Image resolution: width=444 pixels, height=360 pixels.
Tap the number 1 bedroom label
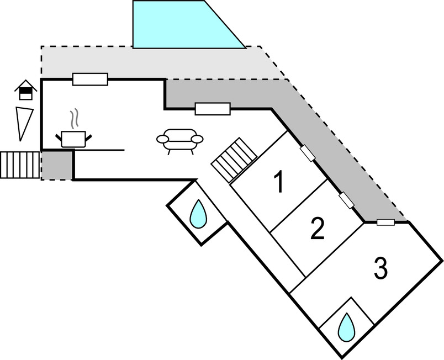pyautogui.click(x=279, y=182)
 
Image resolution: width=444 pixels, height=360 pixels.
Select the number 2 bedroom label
pyautogui.click(x=316, y=229)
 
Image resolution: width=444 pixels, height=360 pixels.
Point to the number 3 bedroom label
pyautogui.click(x=380, y=269)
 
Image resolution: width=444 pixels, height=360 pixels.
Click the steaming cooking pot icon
pyautogui.click(x=74, y=137)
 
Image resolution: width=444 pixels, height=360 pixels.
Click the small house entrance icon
pyautogui.click(x=25, y=89)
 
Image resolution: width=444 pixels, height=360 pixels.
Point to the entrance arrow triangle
pyautogui.click(x=24, y=123)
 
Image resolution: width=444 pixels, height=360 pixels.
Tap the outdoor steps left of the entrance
pyautogui.click(x=20, y=165)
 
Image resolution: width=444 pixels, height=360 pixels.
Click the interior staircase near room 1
pyautogui.click(x=234, y=160)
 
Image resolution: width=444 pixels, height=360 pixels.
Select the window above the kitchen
pyautogui.click(x=90, y=80)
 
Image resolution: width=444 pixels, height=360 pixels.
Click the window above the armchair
pyautogui.click(x=213, y=109)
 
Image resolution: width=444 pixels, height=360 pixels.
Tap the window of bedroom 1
pyautogui.click(x=308, y=153)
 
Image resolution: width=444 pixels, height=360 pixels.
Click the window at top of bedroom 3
pyautogui.click(x=385, y=223)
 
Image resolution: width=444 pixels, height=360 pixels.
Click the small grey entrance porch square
pyautogui.click(x=57, y=165)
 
